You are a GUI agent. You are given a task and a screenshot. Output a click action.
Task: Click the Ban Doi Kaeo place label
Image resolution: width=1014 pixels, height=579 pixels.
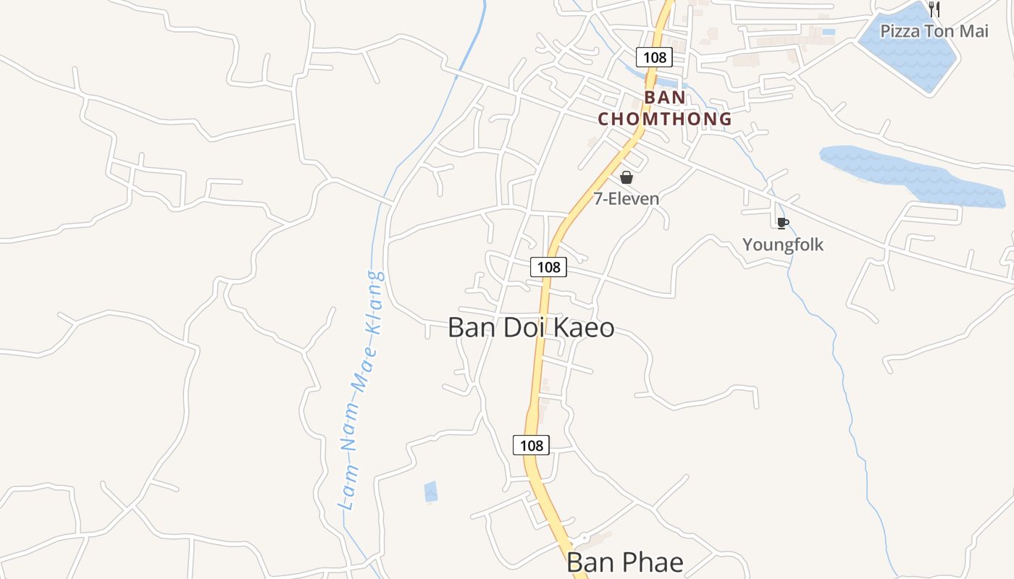[x=531, y=328]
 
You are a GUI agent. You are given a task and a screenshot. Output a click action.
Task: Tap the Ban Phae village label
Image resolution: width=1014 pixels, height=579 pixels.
[x=624, y=562]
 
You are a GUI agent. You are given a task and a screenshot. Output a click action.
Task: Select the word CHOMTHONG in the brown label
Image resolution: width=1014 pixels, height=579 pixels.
[x=665, y=119]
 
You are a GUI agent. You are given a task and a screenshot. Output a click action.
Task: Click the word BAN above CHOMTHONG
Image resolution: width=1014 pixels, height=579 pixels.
[x=665, y=97]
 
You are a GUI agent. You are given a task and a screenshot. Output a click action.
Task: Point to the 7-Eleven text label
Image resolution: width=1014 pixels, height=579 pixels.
[x=627, y=199]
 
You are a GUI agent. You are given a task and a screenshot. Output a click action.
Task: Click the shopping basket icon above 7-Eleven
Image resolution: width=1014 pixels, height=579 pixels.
[x=627, y=177]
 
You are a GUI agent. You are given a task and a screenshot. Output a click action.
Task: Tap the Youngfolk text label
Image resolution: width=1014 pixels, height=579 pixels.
[x=783, y=245]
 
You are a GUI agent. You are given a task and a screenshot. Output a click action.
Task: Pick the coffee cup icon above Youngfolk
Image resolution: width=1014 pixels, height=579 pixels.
[x=782, y=223]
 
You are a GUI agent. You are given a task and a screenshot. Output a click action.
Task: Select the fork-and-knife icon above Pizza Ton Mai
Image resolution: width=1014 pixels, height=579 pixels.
[x=934, y=9]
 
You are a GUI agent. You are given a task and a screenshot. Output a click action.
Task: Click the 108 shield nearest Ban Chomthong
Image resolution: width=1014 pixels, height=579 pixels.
[x=654, y=56]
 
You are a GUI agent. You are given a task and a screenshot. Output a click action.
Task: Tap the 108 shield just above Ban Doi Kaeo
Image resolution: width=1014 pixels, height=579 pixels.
[x=548, y=267]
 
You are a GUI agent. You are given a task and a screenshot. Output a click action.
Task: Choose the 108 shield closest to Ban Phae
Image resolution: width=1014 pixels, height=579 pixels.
[x=531, y=445]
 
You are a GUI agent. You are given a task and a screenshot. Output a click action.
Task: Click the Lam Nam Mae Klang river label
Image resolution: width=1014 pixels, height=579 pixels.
[x=363, y=391]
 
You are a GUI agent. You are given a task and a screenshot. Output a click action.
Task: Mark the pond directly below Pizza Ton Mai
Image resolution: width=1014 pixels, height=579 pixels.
[x=909, y=58]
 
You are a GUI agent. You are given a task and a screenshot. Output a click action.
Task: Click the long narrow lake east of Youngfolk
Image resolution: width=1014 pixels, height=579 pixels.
[x=913, y=174]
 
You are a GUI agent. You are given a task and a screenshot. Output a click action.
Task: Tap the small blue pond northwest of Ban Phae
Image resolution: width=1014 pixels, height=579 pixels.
[x=430, y=491]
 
